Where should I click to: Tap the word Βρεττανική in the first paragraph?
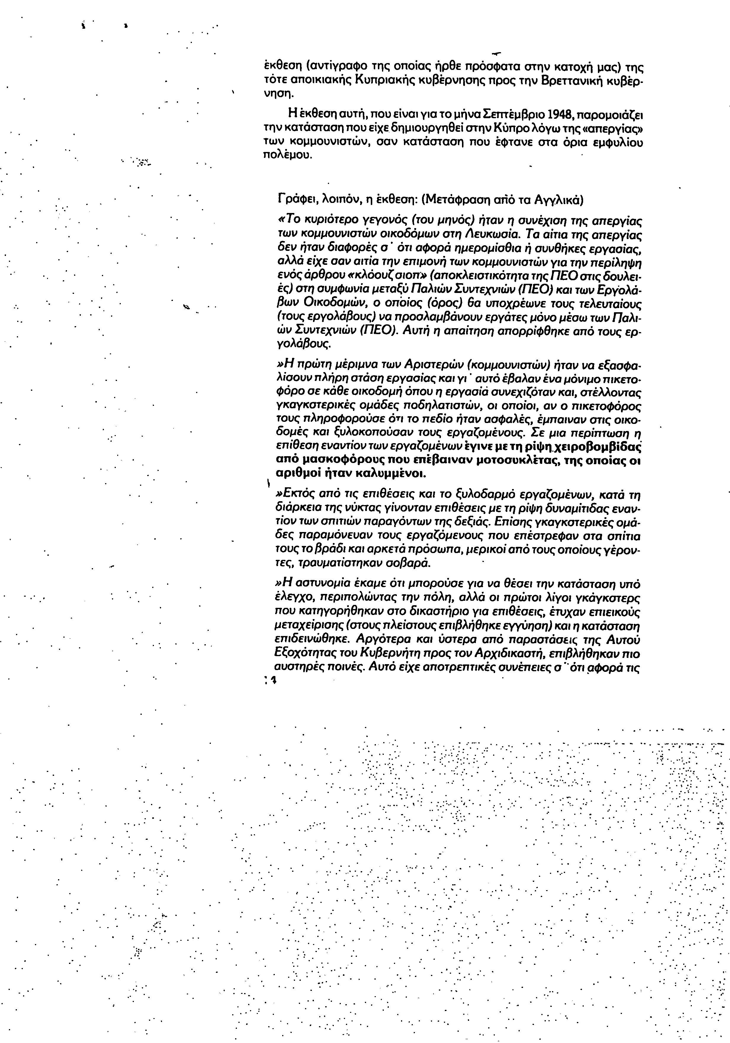[x=571, y=82]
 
